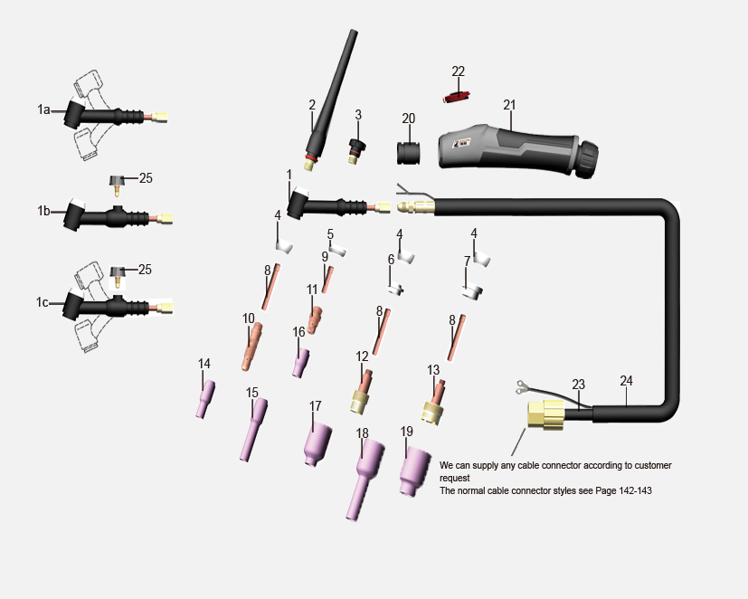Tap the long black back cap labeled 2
tap(330, 100)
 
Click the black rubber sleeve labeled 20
tap(408, 153)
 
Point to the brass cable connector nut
tap(545, 414)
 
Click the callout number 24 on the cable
tap(626, 380)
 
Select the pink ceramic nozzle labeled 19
tap(414, 471)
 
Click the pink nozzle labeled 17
tap(317, 444)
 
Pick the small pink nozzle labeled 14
tap(205, 399)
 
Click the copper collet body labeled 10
tap(251, 347)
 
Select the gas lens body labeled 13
tap(434, 403)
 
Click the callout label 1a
tap(43, 109)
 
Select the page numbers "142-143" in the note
tap(635, 490)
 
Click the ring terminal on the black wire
tap(520, 386)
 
